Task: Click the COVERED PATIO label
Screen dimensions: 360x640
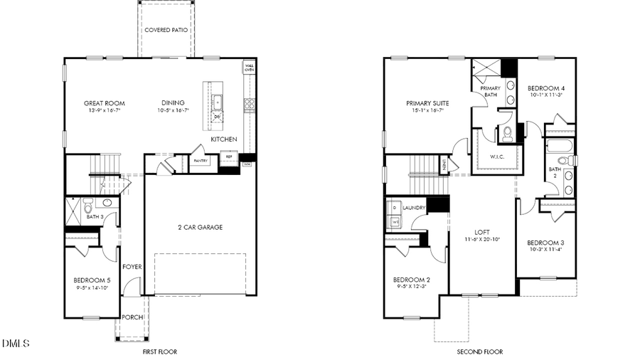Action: (166, 31)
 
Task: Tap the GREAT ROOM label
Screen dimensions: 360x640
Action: (105, 103)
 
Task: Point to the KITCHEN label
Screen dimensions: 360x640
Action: (223, 139)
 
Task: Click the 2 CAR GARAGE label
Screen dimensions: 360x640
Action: (200, 228)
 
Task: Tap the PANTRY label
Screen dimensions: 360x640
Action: (201, 162)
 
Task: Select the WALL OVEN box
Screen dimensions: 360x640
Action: (250, 68)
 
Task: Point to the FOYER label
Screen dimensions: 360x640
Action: (132, 267)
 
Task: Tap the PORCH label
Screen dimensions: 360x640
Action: (132, 317)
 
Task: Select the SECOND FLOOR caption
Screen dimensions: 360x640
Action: (479, 351)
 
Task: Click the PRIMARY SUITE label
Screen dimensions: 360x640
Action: (427, 102)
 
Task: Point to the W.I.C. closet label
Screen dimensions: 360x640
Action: (498, 157)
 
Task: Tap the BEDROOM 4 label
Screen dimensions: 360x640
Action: (546, 88)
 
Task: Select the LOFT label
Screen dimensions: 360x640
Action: (482, 233)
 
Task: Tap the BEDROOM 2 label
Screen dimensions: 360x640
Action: (412, 280)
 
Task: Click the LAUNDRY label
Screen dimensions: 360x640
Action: (414, 208)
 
